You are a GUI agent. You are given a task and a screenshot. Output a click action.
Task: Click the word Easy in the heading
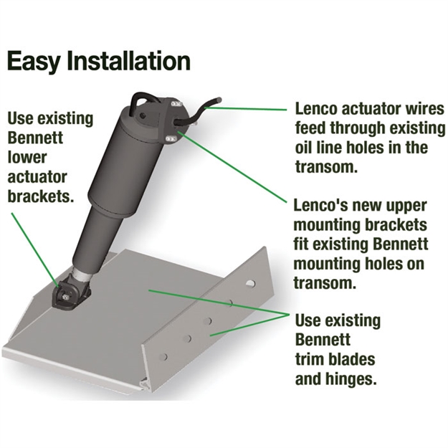(33, 61)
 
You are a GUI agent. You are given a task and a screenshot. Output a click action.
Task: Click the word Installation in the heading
(129, 60)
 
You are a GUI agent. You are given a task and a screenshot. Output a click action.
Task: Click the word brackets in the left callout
(39, 196)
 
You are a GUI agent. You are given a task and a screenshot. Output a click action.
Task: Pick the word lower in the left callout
(27, 158)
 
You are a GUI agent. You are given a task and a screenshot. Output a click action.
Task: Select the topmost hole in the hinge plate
(250, 283)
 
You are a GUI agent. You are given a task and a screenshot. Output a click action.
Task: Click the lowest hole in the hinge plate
(163, 356)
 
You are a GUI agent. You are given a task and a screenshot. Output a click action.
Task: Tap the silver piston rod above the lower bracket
(82, 275)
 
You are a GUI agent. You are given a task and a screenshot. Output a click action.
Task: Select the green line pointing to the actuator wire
(245, 108)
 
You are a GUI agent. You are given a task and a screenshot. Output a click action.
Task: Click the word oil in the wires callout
(303, 148)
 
